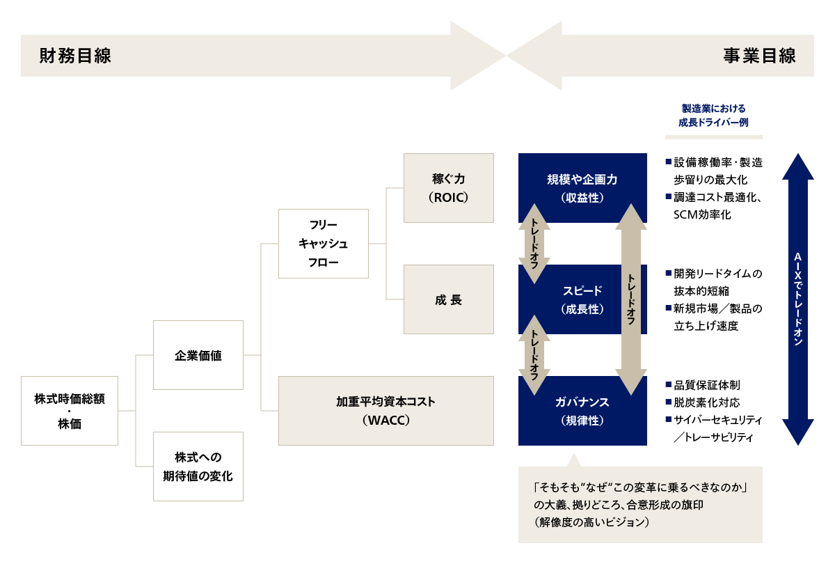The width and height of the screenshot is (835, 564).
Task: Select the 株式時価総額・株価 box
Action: click(x=69, y=410)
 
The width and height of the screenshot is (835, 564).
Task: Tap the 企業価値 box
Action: click(x=198, y=355)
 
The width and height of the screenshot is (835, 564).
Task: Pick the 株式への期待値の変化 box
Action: click(x=198, y=467)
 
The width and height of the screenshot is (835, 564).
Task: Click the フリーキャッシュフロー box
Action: click(x=323, y=244)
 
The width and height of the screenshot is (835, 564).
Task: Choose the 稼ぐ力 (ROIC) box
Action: click(x=448, y=188)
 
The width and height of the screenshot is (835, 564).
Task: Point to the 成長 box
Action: click(x=448, y=300)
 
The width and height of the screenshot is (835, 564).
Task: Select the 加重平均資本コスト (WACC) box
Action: click(x=385, y=411)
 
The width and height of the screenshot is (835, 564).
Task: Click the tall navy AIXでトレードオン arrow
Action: click(x=798, y=299)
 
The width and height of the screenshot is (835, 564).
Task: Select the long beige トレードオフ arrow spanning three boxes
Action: click(x=632, y=299)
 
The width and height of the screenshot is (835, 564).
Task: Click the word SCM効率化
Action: click(x=703, y=215)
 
